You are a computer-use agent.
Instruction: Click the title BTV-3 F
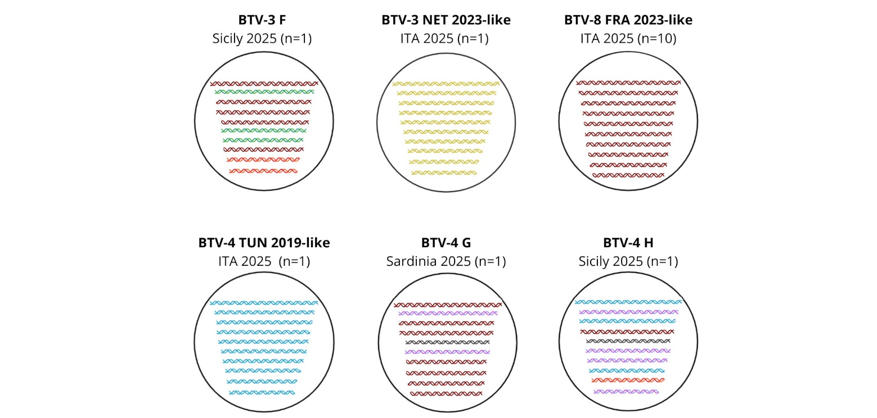coord(262,20)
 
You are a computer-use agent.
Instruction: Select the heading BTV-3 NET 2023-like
coord(446,20)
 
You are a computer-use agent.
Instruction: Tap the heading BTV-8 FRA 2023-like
coord(628,20)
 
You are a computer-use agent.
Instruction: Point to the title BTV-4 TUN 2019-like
coord(264,243)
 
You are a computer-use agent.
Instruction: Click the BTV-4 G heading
coord(446,243)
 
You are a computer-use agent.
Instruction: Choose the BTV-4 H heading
coord(628,243)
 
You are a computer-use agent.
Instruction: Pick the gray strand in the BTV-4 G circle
coord(448,343)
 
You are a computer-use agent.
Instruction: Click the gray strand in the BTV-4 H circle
coord(628,341)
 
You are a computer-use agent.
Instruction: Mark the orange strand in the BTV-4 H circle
coord(628,380)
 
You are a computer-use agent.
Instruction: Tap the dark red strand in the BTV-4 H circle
coord(627,332)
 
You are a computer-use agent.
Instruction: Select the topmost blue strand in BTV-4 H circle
coord(628,302)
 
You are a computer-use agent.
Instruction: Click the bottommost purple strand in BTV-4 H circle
coord(626,392)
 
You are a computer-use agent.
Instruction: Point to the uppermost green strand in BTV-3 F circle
coord(264,92)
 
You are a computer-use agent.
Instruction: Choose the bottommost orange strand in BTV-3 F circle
coord(263,171)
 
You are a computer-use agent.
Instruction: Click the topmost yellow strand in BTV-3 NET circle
coord(446,84)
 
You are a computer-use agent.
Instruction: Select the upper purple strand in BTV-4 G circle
coord(448,313)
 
